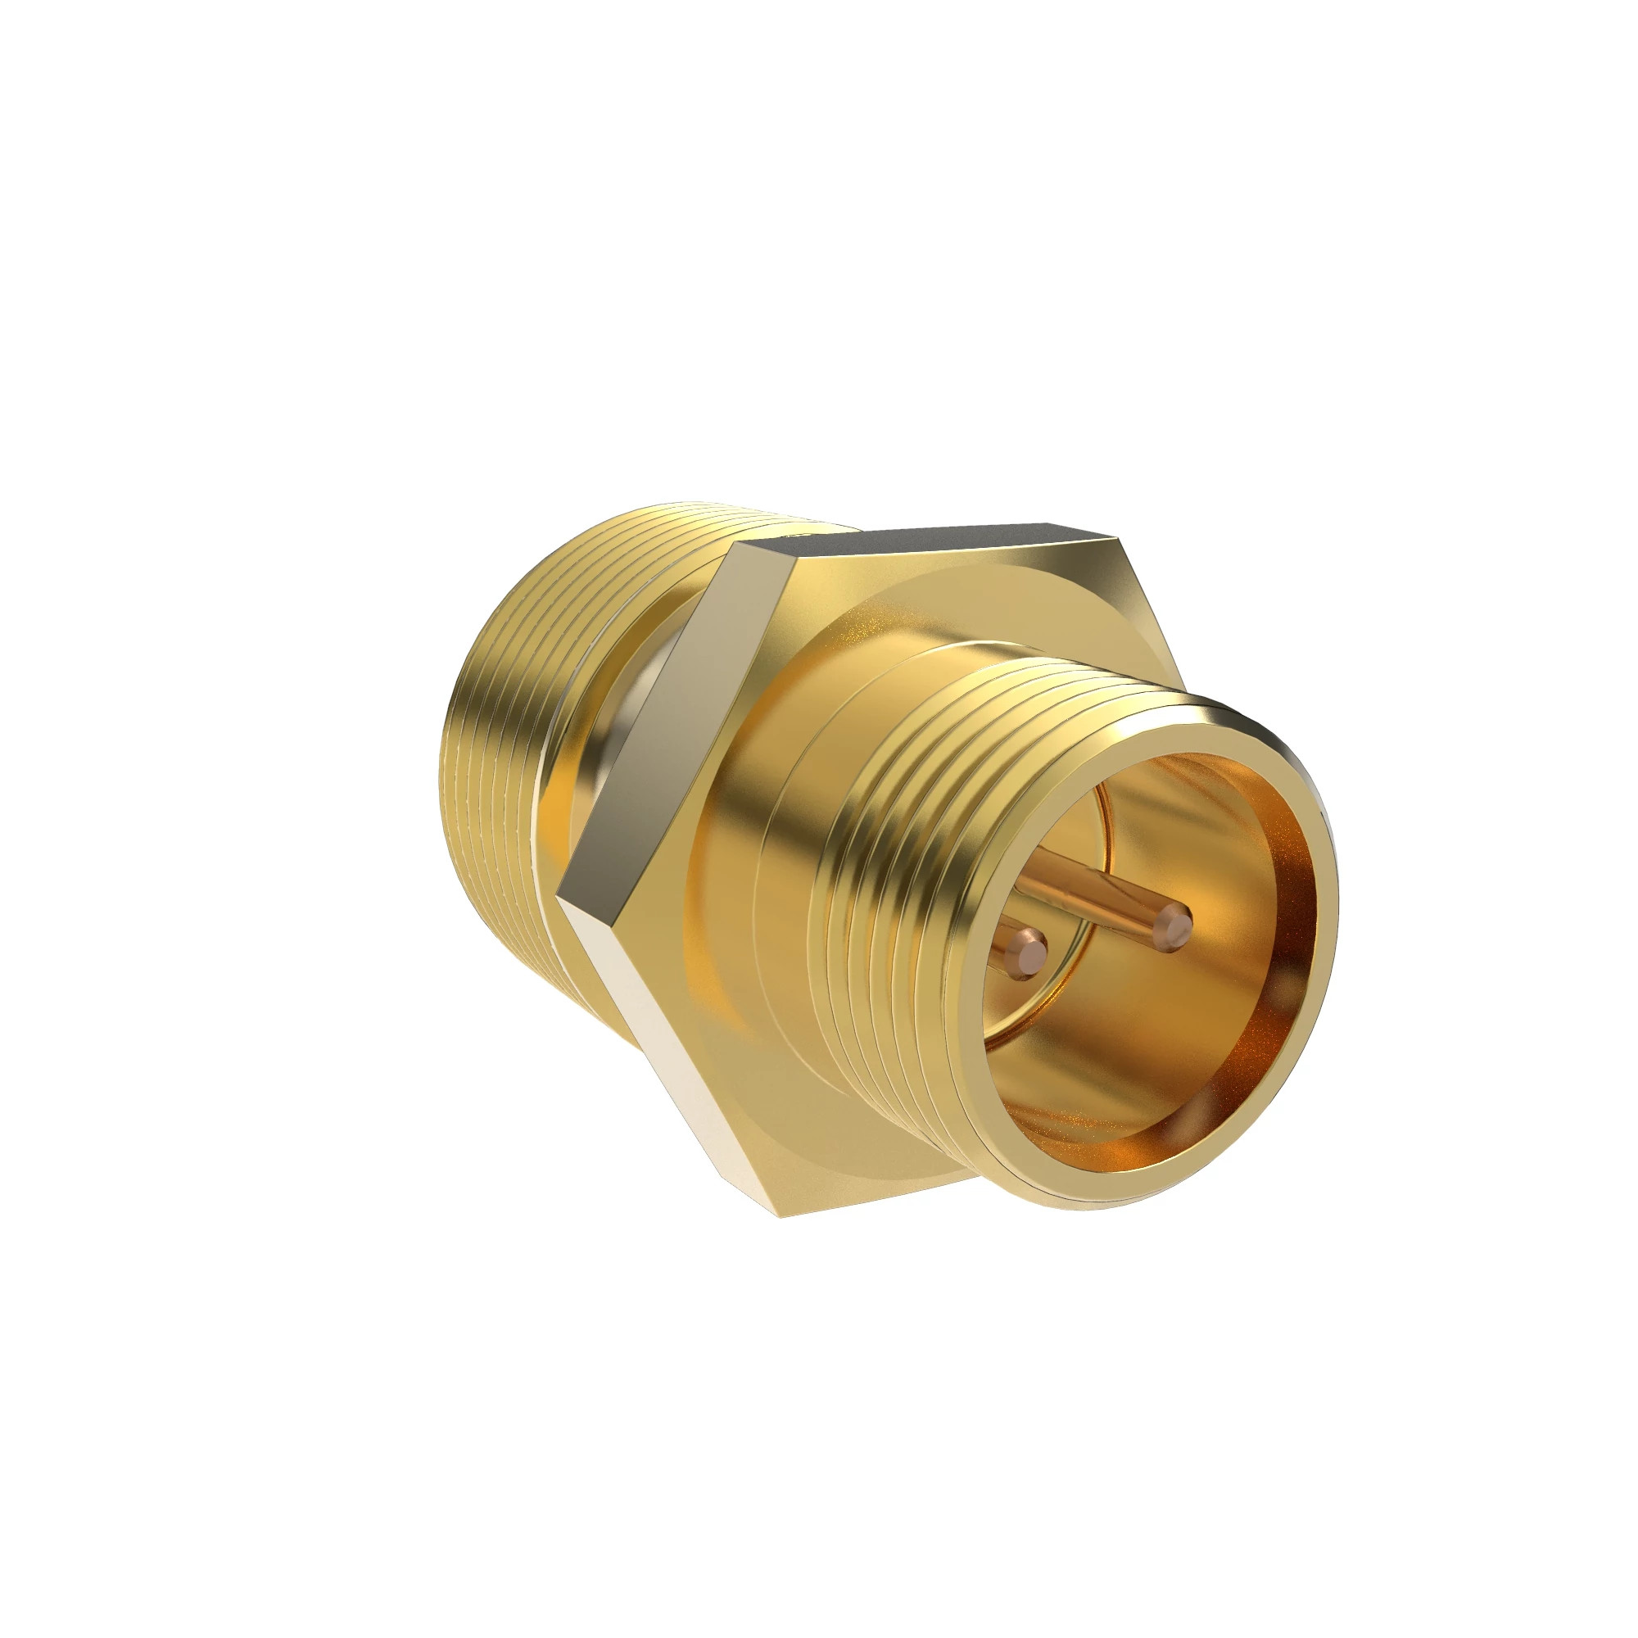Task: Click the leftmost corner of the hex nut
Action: pos(559,895)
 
